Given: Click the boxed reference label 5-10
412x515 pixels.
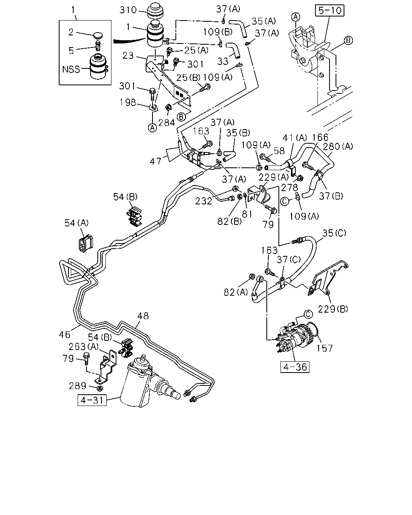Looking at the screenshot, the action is pyautogui.click(x=330, y=10).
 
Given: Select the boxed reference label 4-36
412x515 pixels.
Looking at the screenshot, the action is pyautogui.click(x=295, y=367).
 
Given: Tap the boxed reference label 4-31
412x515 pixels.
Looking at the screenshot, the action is pyautogui.click(x=92, y=400).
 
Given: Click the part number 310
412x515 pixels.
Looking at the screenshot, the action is pyautogui.click(x=128, y=10).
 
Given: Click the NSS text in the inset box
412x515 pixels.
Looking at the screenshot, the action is pyautogui.click(x=71, y=69).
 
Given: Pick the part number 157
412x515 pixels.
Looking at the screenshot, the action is pyautogui.click(x=325, y=348).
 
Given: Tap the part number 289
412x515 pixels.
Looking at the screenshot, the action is pyautogui.click(x=78, y=386).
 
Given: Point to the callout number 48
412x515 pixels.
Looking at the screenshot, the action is pyautogui.click(x=143, y=316).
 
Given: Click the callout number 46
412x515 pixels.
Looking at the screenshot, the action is pyautogui.click(x=65, y=334).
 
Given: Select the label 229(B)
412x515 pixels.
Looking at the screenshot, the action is pyautogui.click(x=333, y=309).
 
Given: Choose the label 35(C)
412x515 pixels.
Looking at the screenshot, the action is pyautogui.click(x=334, y=233).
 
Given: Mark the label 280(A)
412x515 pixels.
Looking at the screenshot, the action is pyautogui.click(x=338, y=146).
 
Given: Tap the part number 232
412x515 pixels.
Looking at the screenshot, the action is pyautogui.click(x=204, y=201).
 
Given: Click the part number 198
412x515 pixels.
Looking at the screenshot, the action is pyautogui.click(x=128, y=103).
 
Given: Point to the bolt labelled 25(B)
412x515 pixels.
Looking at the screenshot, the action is pyautogui.click(x=205, y=88).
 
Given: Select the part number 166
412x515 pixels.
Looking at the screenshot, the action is pyautogui.click(x=320, y=137).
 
